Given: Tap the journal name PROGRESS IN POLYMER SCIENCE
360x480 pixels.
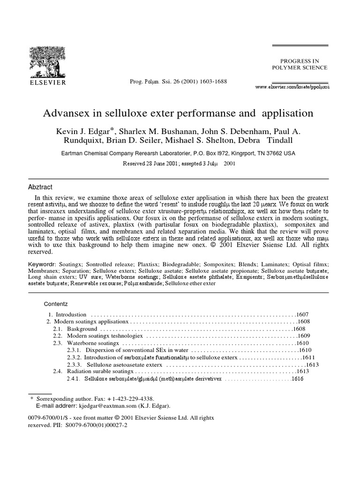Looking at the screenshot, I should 300,64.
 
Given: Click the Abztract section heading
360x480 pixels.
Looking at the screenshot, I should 42,186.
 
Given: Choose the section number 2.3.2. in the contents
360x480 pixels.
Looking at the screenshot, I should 74,357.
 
